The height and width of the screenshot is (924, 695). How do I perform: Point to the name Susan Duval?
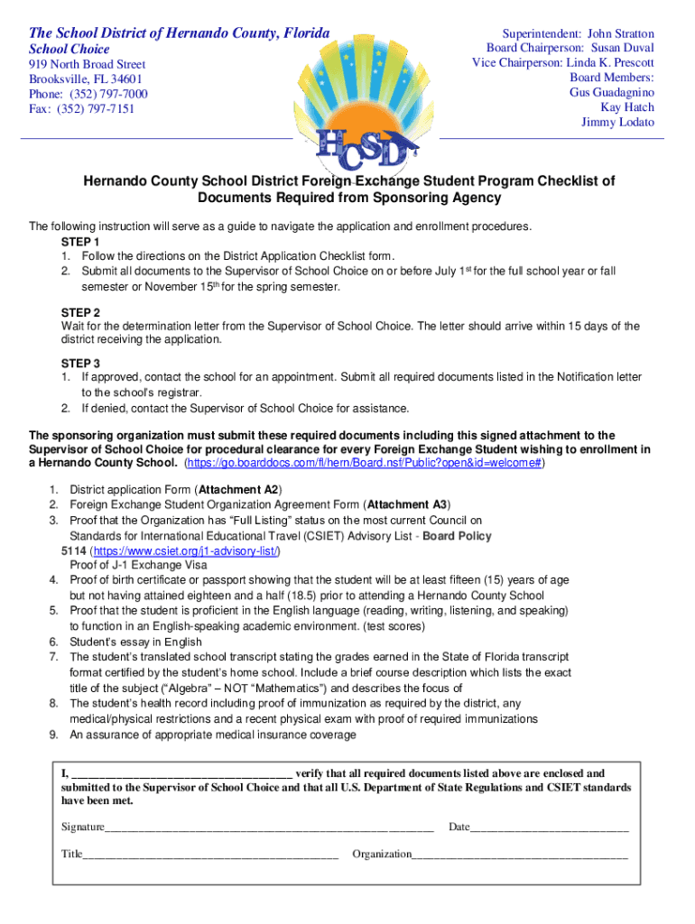click(x=623, y=48)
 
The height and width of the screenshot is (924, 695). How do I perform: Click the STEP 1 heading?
click(x=80, y=243)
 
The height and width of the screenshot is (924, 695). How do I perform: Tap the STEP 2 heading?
click(x=80, y=312)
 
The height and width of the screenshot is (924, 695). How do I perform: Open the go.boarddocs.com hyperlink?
click(x=364, y=463)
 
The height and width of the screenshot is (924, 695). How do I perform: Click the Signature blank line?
click(x=269, y=827)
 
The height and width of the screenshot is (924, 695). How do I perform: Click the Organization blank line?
click(x=519, y=854)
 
